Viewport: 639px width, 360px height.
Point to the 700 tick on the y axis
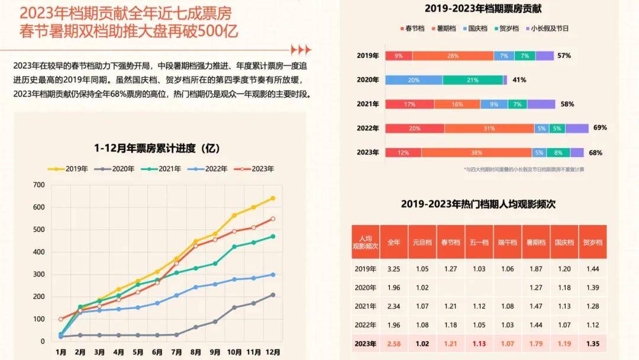coord(38,185)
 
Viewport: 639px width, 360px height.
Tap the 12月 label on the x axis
coord(273,351)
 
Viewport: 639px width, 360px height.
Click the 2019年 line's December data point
coord(273,198)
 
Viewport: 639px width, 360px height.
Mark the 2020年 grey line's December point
coord(273,294)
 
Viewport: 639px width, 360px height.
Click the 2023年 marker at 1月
coord(61,319)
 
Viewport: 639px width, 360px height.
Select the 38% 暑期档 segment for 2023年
coord(476,153)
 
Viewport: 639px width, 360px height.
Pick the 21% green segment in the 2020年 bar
coord(473,80)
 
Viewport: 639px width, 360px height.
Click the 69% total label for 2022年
coord(599,128)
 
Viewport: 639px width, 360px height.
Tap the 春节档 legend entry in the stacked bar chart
coord(410,28)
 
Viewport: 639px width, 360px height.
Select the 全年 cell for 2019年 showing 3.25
coord(393,269)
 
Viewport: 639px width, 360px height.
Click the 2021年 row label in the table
coord(365,306)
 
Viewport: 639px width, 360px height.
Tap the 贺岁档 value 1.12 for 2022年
coord(592,324)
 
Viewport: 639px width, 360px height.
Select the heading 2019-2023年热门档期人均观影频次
coord(478,204)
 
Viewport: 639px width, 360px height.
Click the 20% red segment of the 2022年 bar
coord(415,128)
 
